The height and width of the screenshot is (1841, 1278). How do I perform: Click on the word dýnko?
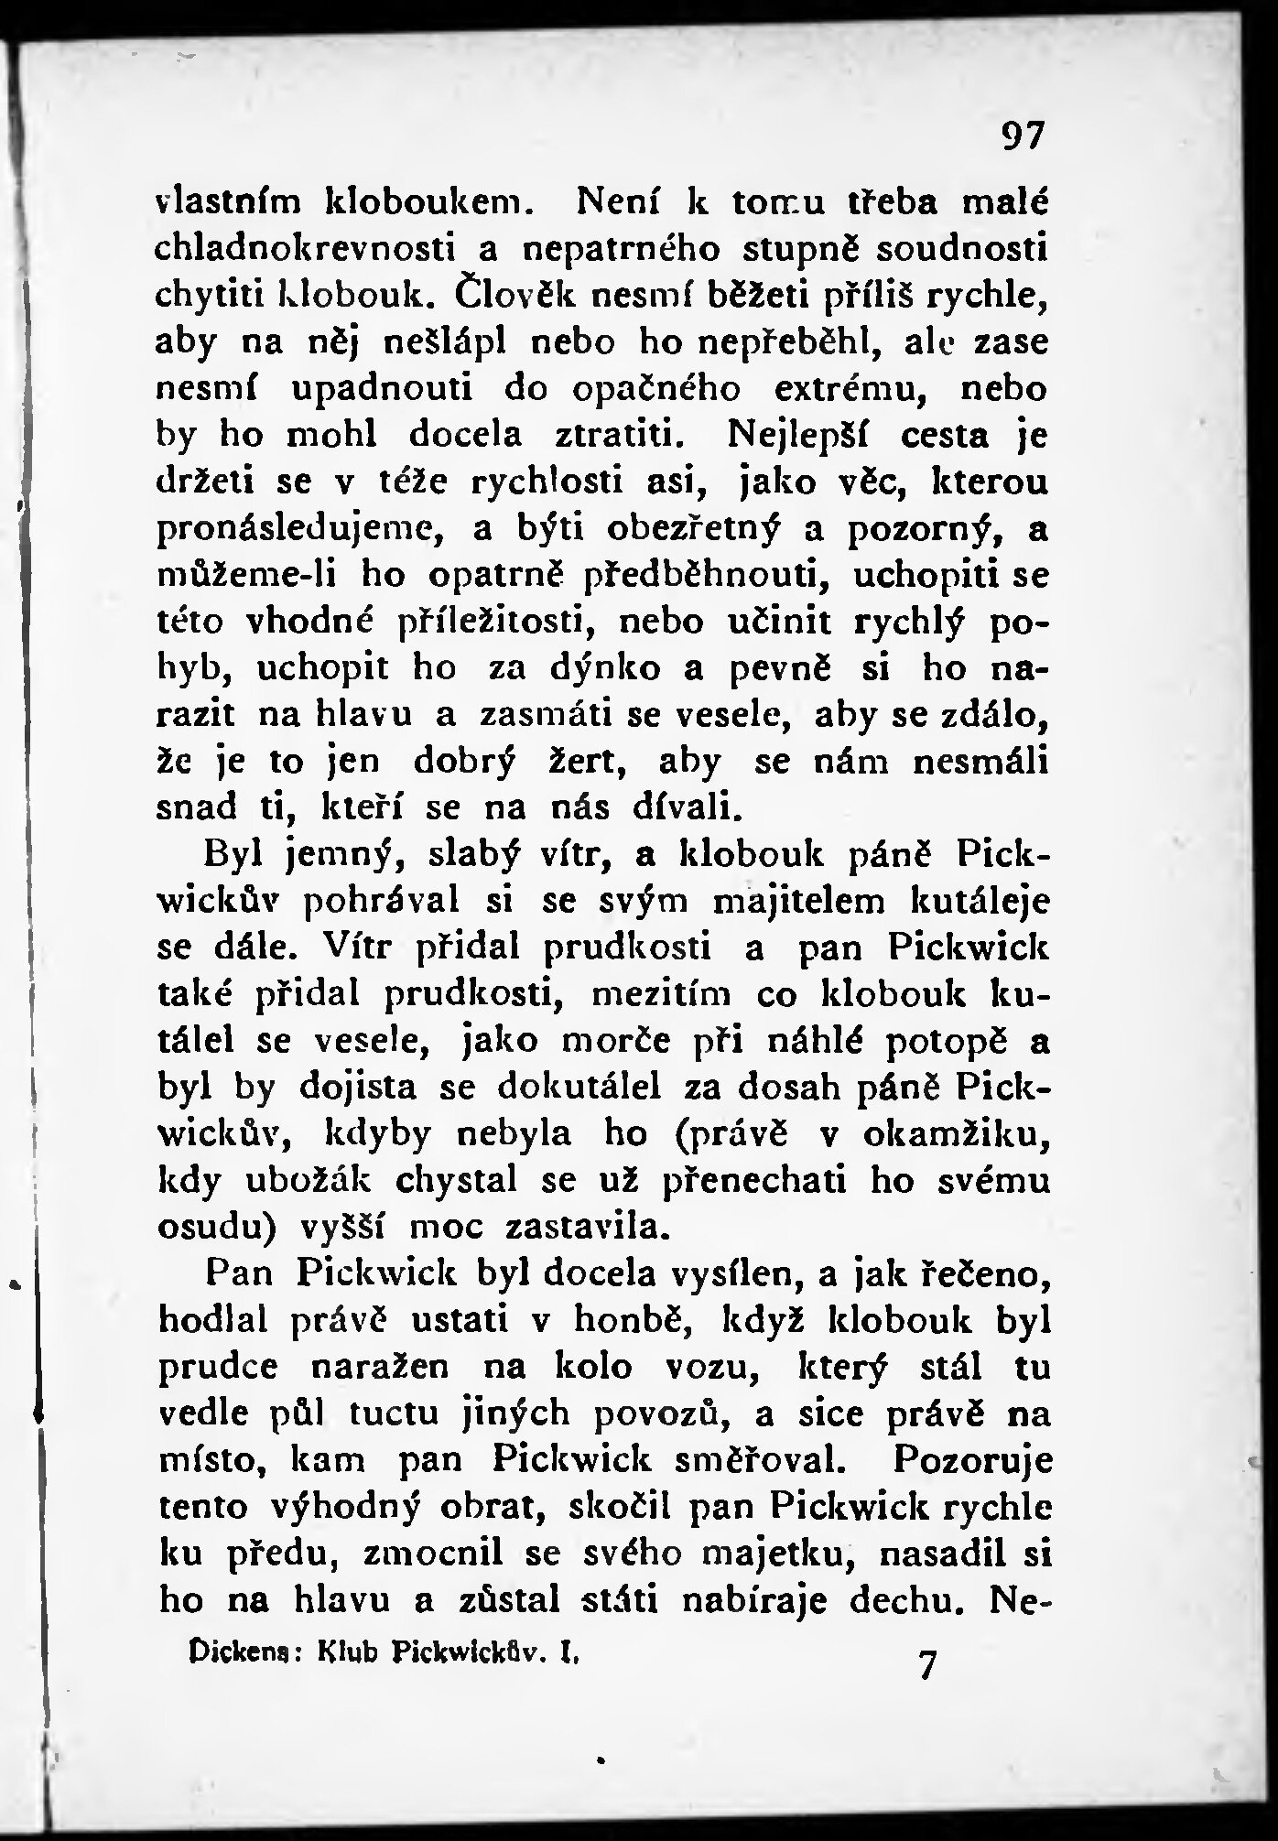[604, 669]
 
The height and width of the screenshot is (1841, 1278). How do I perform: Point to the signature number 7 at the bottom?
[927, 1664]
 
